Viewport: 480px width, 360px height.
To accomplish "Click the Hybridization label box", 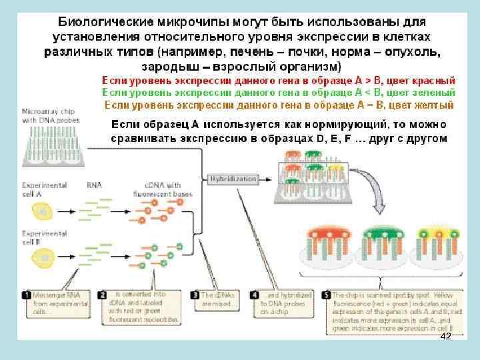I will (x=233, y=179).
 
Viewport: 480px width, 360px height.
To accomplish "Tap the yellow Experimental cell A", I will (x=42, y=211).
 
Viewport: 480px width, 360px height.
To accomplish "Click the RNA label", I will (x=94, y=185).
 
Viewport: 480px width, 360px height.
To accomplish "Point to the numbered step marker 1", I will (x=26, y=294).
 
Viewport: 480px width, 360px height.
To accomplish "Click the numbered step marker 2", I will (x=103, y=294).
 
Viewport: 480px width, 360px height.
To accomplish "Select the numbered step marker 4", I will (x=254, y=294).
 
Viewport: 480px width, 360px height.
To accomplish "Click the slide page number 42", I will (x=446, y=338).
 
